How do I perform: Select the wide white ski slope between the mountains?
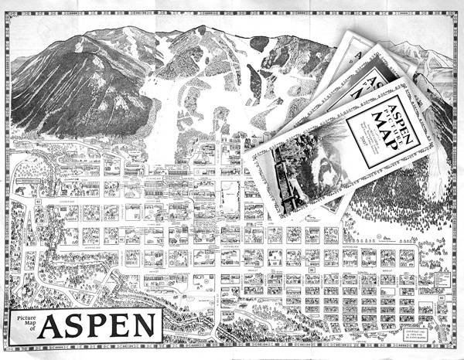166,139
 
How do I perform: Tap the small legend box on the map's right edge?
442,277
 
